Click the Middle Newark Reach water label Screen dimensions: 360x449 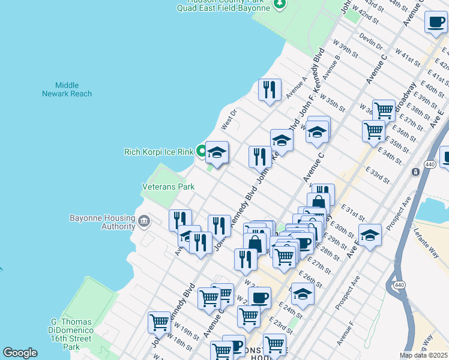tap(67, 89)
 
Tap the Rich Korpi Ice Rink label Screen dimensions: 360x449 tap(158, 152)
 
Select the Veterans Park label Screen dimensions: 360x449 tap(168, 187)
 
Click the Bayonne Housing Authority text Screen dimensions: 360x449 tap(102, 222)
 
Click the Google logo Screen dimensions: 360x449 tap(20, 353)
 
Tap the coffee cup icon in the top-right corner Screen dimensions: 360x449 tap(435, 22)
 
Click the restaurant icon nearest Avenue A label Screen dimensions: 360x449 tap(270, 90)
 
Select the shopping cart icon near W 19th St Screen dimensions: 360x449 tap(159, 322)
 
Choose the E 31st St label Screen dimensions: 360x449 tap(354, 211)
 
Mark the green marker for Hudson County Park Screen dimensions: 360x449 tap(279, 5)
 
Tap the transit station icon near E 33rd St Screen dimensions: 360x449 tap(415, 172)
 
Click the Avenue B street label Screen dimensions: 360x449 tap(331, 68)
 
